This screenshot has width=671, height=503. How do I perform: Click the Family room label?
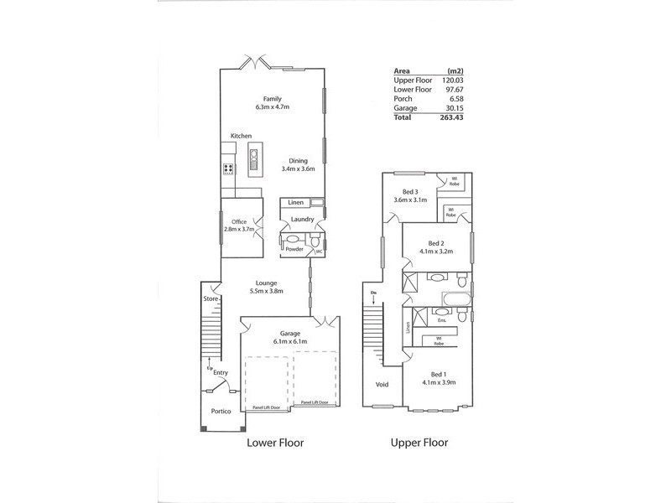[x=270, y=98]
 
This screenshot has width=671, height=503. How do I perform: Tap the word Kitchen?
[x=242, y=136]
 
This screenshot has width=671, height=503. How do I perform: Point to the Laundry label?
[x=302, y=220]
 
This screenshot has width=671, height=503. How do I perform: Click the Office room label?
[x=240, y=221]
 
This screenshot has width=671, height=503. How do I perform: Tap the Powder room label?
[x=294, y=249]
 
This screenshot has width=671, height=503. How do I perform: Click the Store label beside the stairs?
[x=210, y=298]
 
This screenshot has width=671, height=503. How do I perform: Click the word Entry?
[x=221, y=373]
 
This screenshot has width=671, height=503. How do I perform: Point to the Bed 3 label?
[x=410, y=192]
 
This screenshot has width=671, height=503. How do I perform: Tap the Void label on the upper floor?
[x=382, y=385]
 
